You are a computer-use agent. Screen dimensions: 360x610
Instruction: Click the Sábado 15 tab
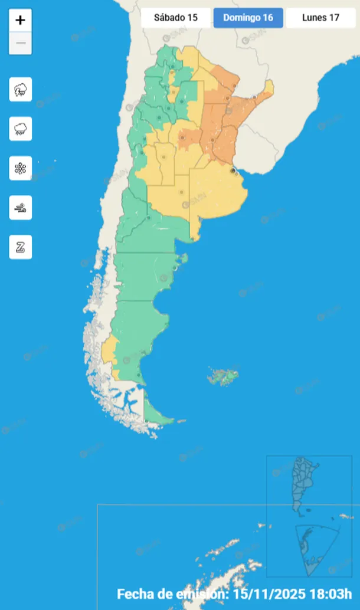click(x=176, y=17)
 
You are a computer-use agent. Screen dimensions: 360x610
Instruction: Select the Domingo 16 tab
click(x=248, y=17)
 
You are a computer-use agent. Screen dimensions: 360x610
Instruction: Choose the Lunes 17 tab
click(x=320, y=17)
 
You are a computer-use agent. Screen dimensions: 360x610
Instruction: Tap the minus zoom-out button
click(x=21, y=43)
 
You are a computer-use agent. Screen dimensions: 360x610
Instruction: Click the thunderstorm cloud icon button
click(x=21, y=90)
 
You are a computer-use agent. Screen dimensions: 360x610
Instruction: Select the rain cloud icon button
click(x=21, y=129)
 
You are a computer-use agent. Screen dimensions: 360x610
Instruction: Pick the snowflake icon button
click(x=21, y=168)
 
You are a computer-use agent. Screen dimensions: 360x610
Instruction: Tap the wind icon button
click(x=21, y=208)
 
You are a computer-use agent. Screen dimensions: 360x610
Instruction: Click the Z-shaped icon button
click(x=21, y=247)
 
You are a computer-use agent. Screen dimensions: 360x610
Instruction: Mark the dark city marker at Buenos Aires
click(x=233, y=170)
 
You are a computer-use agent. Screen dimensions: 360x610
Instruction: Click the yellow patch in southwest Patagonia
click(x=108, y=352)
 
